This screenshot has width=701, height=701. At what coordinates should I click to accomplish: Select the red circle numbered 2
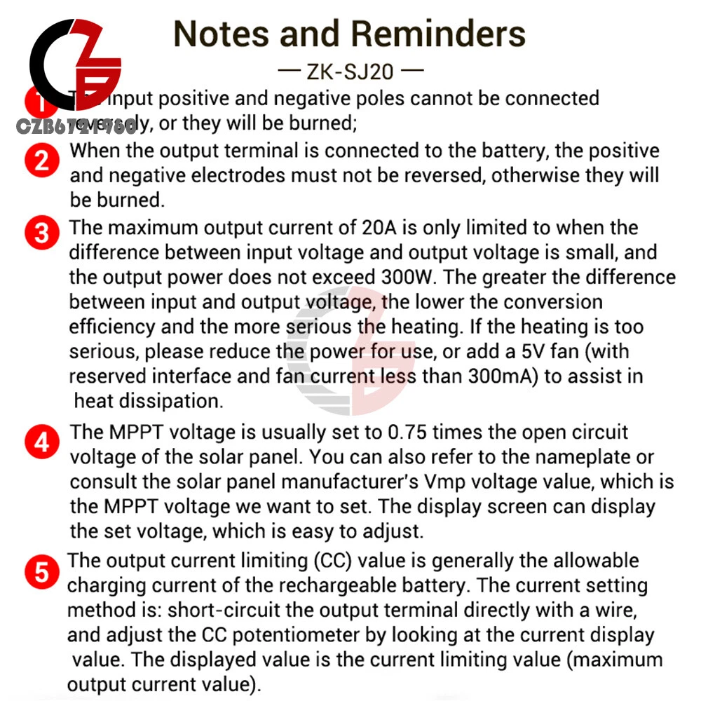[42, 161]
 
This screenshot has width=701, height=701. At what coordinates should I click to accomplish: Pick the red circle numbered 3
[42, 233]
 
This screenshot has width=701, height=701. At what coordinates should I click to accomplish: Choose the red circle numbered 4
[42, 442]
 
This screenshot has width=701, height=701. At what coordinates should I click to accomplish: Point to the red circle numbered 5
[42, 572]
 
